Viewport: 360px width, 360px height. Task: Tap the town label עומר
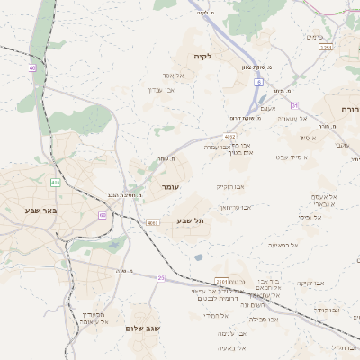click(x=171, y=186)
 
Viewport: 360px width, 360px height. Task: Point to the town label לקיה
click(x=202, y=57)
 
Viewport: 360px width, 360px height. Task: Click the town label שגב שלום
click(x=142, y=328)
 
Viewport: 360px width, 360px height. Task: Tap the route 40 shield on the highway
click(x=32, y=67)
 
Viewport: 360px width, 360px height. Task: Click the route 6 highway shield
click(x=258, y=82)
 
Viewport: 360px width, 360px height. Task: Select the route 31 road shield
click(x=294, y=106)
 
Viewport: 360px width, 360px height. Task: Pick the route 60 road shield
click(x=103, y=215)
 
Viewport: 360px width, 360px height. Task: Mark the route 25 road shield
click(x=162, y=278)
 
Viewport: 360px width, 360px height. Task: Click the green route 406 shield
click(x=56, y=183)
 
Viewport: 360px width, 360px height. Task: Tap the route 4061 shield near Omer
click(x=152, y=222)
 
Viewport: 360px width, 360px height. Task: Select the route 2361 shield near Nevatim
click(x=220, y=282)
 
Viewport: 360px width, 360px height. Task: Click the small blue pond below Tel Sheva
click(x=197, y=257)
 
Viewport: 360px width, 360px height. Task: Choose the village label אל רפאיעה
click(x=283, y=245)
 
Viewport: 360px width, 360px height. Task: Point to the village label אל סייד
click(x=307, y=138)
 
